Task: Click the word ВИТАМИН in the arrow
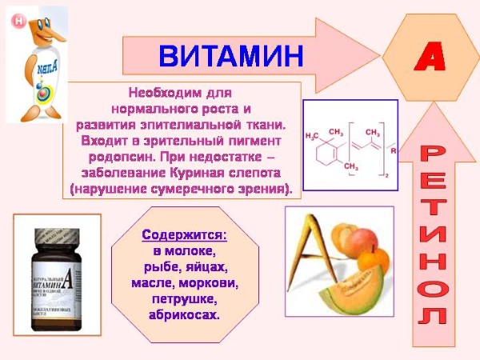(x=231, y=55)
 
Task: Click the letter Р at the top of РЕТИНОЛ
(x=434, y=151)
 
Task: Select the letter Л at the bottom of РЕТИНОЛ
(x=433, y=316)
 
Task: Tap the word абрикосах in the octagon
(x=184, y=315)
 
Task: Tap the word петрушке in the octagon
(x=184, y=299)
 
